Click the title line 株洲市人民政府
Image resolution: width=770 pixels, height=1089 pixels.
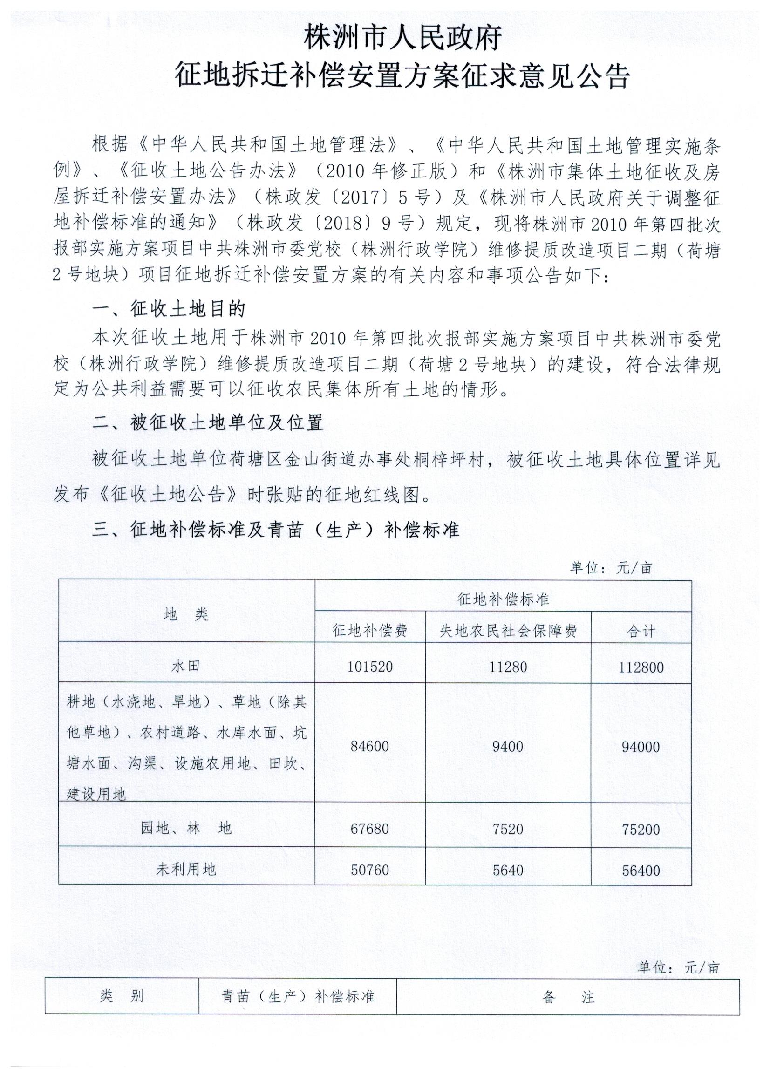pyautogui.click(x=403, y=38)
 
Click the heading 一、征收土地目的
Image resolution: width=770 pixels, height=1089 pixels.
pyautogui.click(x=169, y=310)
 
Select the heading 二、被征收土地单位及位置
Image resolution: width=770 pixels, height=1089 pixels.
pyautogui.click(x=208, y=422)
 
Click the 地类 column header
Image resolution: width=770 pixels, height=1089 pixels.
pyautogui.click(x=186, y=615)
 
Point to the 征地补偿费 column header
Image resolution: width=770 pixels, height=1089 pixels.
pyautogui.click(x=369, y=630)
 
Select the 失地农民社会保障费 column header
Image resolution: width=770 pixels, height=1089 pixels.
pyautogui.click(x=508, y=631)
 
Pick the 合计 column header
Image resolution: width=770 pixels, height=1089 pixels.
pyautogui.click(x=641, y=631)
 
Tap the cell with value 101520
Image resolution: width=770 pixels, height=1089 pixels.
pyautogui.click(x=369, y=667)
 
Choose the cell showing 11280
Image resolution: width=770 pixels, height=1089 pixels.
pyautogui.click(x=508, y=667)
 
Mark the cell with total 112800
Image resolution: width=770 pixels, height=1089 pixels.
pyautogui.click(x=641, y=667)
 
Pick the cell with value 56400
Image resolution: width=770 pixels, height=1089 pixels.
pyautogui.click(x=641, y=870)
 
